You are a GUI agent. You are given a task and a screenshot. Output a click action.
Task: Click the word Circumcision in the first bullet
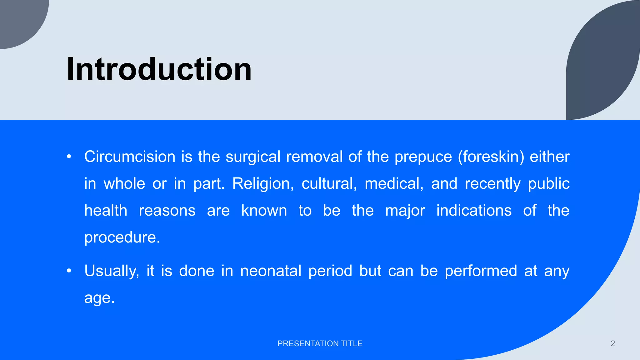pyautogui.click(x=130, y=157)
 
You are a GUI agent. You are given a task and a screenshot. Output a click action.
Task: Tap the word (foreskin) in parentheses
pyautogui.click(x=491, y=157)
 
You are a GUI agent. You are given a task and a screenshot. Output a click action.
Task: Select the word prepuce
pyautogui.click(x=423, y=157)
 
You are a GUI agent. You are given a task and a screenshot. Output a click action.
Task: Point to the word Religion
pyautogui.click(x=263, y=184)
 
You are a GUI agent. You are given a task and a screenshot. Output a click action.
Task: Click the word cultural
pyautogui.click(x=329, y=183)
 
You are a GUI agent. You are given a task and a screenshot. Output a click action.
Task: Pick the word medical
pyautogui.click(x=394, y=183)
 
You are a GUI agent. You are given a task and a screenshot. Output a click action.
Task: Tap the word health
pyautogui.click(x=106, y=210)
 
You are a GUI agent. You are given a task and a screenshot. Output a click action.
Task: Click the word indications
pyautogui.click(x=474, y=210)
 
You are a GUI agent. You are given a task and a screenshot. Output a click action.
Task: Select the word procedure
pyautogui.click(x=122, y=238)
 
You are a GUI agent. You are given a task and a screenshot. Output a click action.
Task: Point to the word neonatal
pyautogui.click(x=271, y=271)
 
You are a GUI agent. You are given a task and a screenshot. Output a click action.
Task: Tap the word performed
pyautogui.click(x=481, y=271)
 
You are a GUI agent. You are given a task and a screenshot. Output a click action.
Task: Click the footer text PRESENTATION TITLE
pyautogui.click(x=320, y=343)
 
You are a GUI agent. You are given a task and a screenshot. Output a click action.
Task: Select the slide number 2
pyautogui.click(x=612, y=343)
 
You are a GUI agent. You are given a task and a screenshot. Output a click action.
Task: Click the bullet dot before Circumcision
pyautogui.click(x=69, y=157)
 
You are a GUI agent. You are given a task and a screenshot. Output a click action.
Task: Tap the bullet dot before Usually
pyautogui.click(x=69, y=271)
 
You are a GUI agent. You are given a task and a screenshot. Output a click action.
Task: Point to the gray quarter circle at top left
pyautogui.click(x=19, y=19)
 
